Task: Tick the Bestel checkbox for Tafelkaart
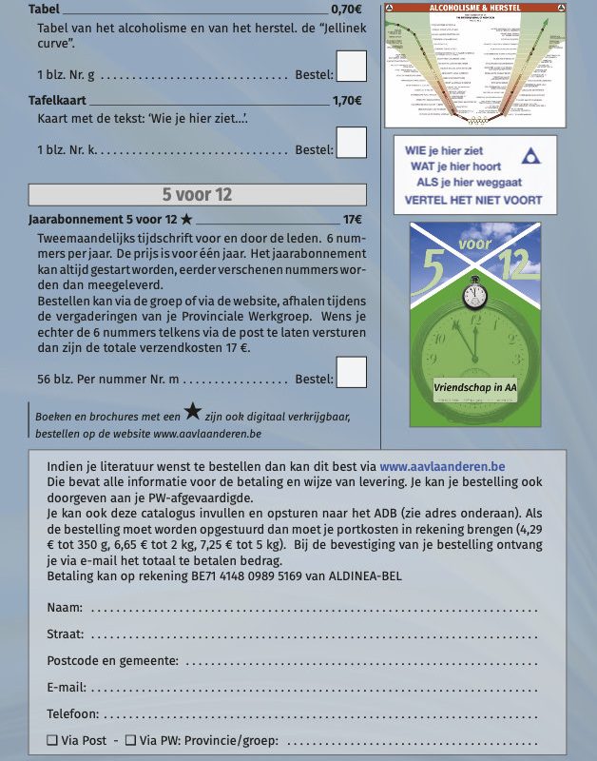(352, 143)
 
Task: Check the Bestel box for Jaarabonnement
(352, 372)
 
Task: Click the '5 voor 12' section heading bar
(198, 195)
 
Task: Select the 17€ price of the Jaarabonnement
(353, 220)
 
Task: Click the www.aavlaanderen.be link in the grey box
(442, 467)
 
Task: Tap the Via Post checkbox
(52, 740)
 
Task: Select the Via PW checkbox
(130, 740)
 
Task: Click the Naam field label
(64, 607)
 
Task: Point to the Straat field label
(65, 634)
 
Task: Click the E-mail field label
(67, 687)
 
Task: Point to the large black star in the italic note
(193, 412)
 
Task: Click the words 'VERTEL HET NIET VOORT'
(473, 201)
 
